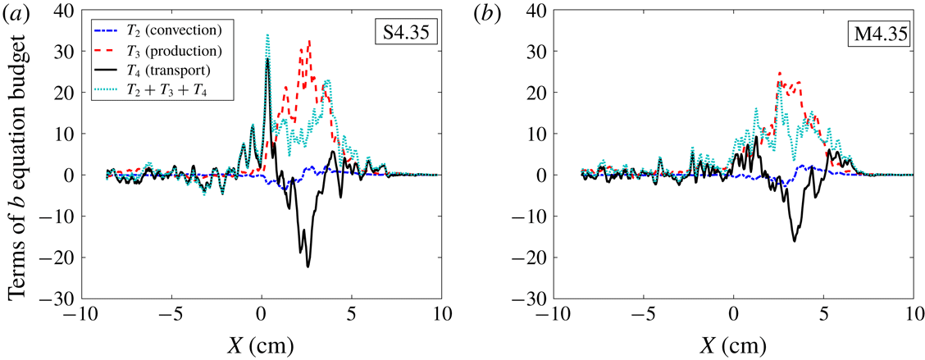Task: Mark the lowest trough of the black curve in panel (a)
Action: pos(308,267)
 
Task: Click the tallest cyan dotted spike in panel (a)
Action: pos(267,34)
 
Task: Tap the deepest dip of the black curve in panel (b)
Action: pos(795,240)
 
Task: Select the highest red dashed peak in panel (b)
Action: pos(779,72)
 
